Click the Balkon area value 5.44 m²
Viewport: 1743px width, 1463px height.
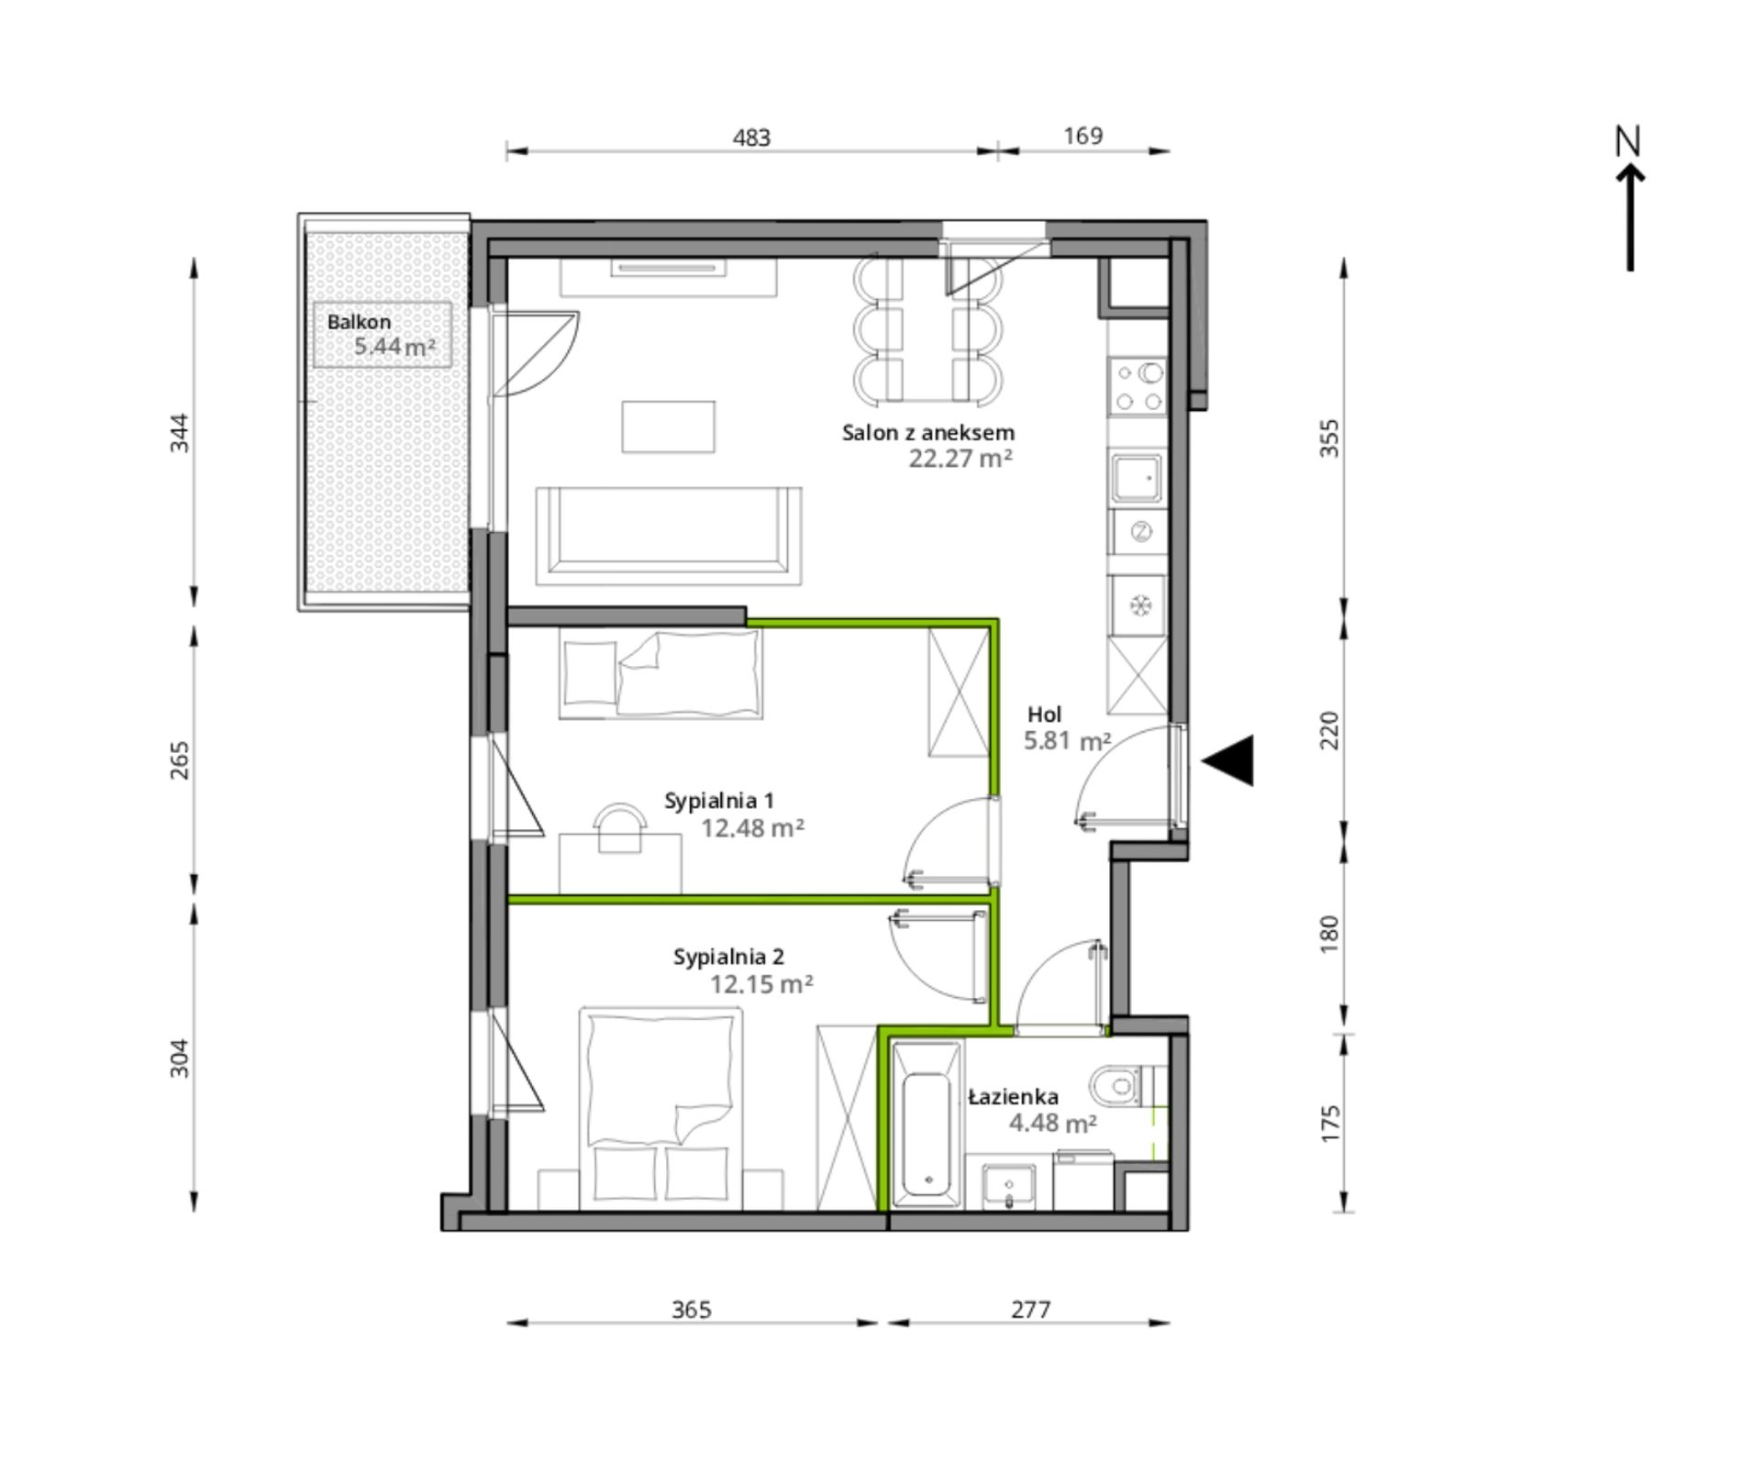394,347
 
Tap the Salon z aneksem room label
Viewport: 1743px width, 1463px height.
928,433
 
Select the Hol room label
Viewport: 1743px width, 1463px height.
1044,715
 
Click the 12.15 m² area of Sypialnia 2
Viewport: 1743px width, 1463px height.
760,984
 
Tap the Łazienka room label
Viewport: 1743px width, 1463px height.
1014,1096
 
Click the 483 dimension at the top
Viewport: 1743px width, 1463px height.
751,138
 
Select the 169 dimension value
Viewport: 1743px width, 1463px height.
1082,136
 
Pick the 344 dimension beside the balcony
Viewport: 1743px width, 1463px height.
180,433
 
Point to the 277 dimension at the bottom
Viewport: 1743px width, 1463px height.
1030,1310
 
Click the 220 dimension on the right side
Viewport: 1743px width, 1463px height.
1329,731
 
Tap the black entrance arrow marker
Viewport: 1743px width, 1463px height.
1227,760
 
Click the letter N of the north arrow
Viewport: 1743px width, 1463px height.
1627,141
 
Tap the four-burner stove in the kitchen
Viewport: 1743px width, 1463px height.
1137,386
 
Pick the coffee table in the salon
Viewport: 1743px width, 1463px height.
668,427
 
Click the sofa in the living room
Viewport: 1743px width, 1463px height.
669,536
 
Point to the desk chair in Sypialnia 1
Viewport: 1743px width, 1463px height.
620,828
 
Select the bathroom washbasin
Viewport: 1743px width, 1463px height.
1008,1187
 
